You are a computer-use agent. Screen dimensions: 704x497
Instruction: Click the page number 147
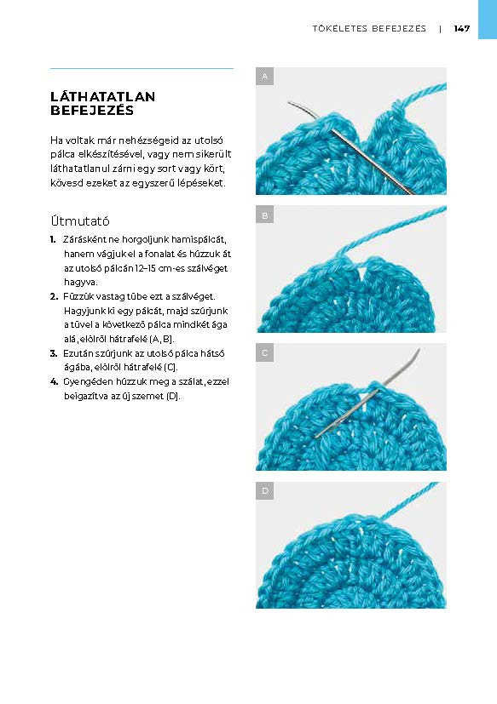pyautogui.click(x=462, y=28)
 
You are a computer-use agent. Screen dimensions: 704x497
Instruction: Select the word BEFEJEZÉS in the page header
pyautogui.click(x=399, y=28)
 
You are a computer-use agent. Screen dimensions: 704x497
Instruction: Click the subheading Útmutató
pyautogui.click(x=80, y=220)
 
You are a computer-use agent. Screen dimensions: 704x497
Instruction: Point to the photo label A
pyautogui.click(x=265, y=77)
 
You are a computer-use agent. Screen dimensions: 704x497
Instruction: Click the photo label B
pyautogui.click(x=265, y=215)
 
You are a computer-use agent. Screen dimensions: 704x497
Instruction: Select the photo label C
pyautogui.click(x=265, y=352)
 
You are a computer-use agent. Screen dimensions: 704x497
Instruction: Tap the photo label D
pyautogui.click(x=265, y=491)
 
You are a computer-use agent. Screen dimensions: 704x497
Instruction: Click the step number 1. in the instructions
pyautogui.click(x=54, y=240)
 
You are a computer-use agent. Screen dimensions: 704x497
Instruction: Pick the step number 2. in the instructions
pyautogui.click(x=54, y=296)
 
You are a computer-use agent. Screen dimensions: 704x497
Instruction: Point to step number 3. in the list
pyautogui.click(x=54, y=352)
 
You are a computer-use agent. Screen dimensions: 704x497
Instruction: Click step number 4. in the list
pyautogui.click(x=54, y=381)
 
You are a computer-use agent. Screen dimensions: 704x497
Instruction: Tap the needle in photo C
pyautogui.click(x=367, y=409)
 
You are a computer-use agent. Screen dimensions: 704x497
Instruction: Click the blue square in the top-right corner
pyautogui.click(x=487, y=19)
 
